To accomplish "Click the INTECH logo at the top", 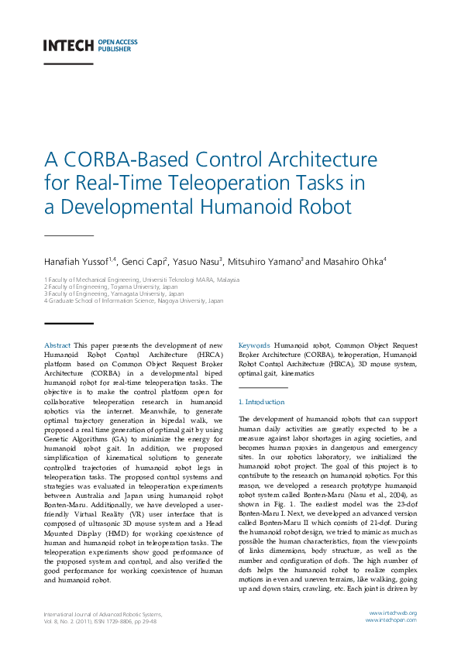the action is pos(68,45).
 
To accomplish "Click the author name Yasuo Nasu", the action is pos(197,262).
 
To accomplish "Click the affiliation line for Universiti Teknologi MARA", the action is pos(142,279).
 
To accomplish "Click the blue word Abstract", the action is pos(58,345).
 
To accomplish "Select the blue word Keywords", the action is pos(254,345).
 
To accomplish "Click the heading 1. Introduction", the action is pos(261,402).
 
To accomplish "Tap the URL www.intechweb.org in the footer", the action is pos(393,613).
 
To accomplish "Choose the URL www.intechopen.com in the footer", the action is pos(391,620).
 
